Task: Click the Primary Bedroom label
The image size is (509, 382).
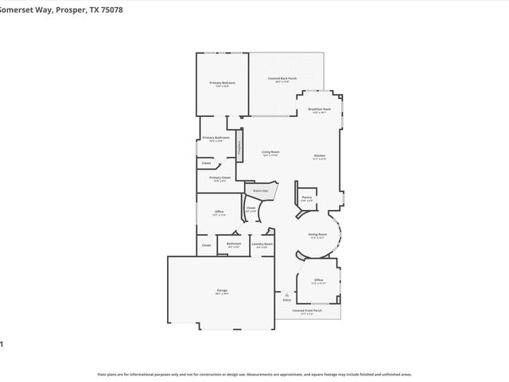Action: [222, 84]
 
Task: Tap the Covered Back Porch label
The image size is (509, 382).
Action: [282, 79]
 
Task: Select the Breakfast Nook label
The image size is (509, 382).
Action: [320, 110]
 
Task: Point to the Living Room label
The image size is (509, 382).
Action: [270, 153]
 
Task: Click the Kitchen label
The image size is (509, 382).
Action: [319, 156]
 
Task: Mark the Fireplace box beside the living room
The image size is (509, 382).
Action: [238, 147]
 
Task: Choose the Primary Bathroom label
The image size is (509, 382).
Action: [219, 138]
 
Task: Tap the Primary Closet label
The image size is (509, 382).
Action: [220, 178]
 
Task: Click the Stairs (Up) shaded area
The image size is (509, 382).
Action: [261, 191]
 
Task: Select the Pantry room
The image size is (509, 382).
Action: [306, 198]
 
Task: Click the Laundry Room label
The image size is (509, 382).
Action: [262, 245]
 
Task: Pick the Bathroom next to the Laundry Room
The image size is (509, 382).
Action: [234, 244]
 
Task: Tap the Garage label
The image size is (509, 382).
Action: [222, 291]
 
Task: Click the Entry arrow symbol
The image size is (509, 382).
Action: [287, 294]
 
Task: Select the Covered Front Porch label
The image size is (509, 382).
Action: [307, 311]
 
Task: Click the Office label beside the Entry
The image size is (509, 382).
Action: [318, 281]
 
